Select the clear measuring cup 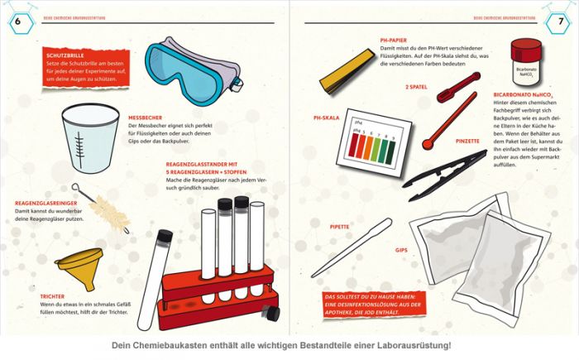click(90, 132)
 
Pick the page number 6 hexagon click(17, 19)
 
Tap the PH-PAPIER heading click(393, 40)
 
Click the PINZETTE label click(468, 142)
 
